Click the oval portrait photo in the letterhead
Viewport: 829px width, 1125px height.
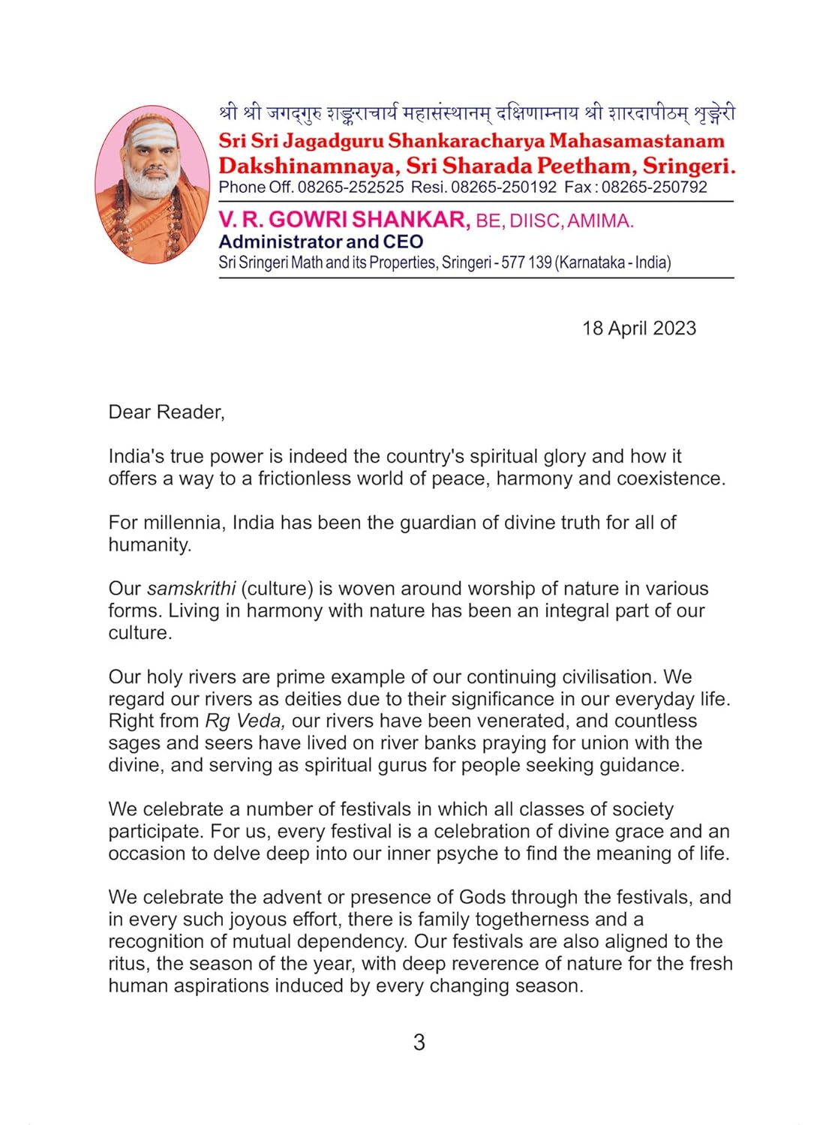click(x=152, y=184)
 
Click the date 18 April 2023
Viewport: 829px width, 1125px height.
click(x=638, y=328)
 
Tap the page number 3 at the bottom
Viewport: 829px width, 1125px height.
click(x=419, y=1042)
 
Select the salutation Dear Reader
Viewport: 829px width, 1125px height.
click(x=166, y=412)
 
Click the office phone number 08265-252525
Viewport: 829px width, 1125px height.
click(x=350, y=187)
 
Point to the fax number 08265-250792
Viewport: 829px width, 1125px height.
click(x=654, y=187)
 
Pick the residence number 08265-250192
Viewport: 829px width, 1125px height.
click(x=503, y=187)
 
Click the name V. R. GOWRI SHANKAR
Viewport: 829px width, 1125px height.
click(x=344, y=220)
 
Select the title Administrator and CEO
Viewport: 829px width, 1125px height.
click(x=320, y=241)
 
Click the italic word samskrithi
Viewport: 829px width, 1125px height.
click(x=191, y=589)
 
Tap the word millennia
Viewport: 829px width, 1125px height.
click(x=185, y=523)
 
